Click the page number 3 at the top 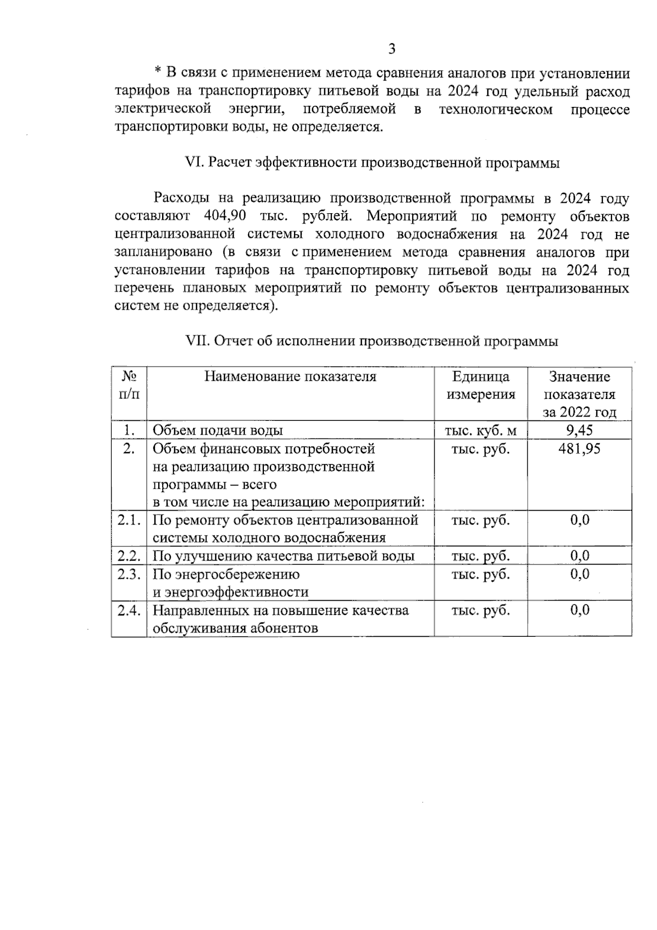[391, 49]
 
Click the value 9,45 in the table [579, 430]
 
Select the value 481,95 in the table [579, 449]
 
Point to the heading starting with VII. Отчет [372, 341]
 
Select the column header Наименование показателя [290, 376]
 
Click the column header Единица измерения [481, 385]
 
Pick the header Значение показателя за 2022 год [579, 394]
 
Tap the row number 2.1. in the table [129, 520]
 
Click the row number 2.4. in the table [129, 611]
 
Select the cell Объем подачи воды [217, 431]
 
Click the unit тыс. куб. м [480, 431]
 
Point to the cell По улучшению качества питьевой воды [283, 556]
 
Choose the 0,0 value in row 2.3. [579, 574]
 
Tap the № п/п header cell [129, 385]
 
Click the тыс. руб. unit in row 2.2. [480, 556]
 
